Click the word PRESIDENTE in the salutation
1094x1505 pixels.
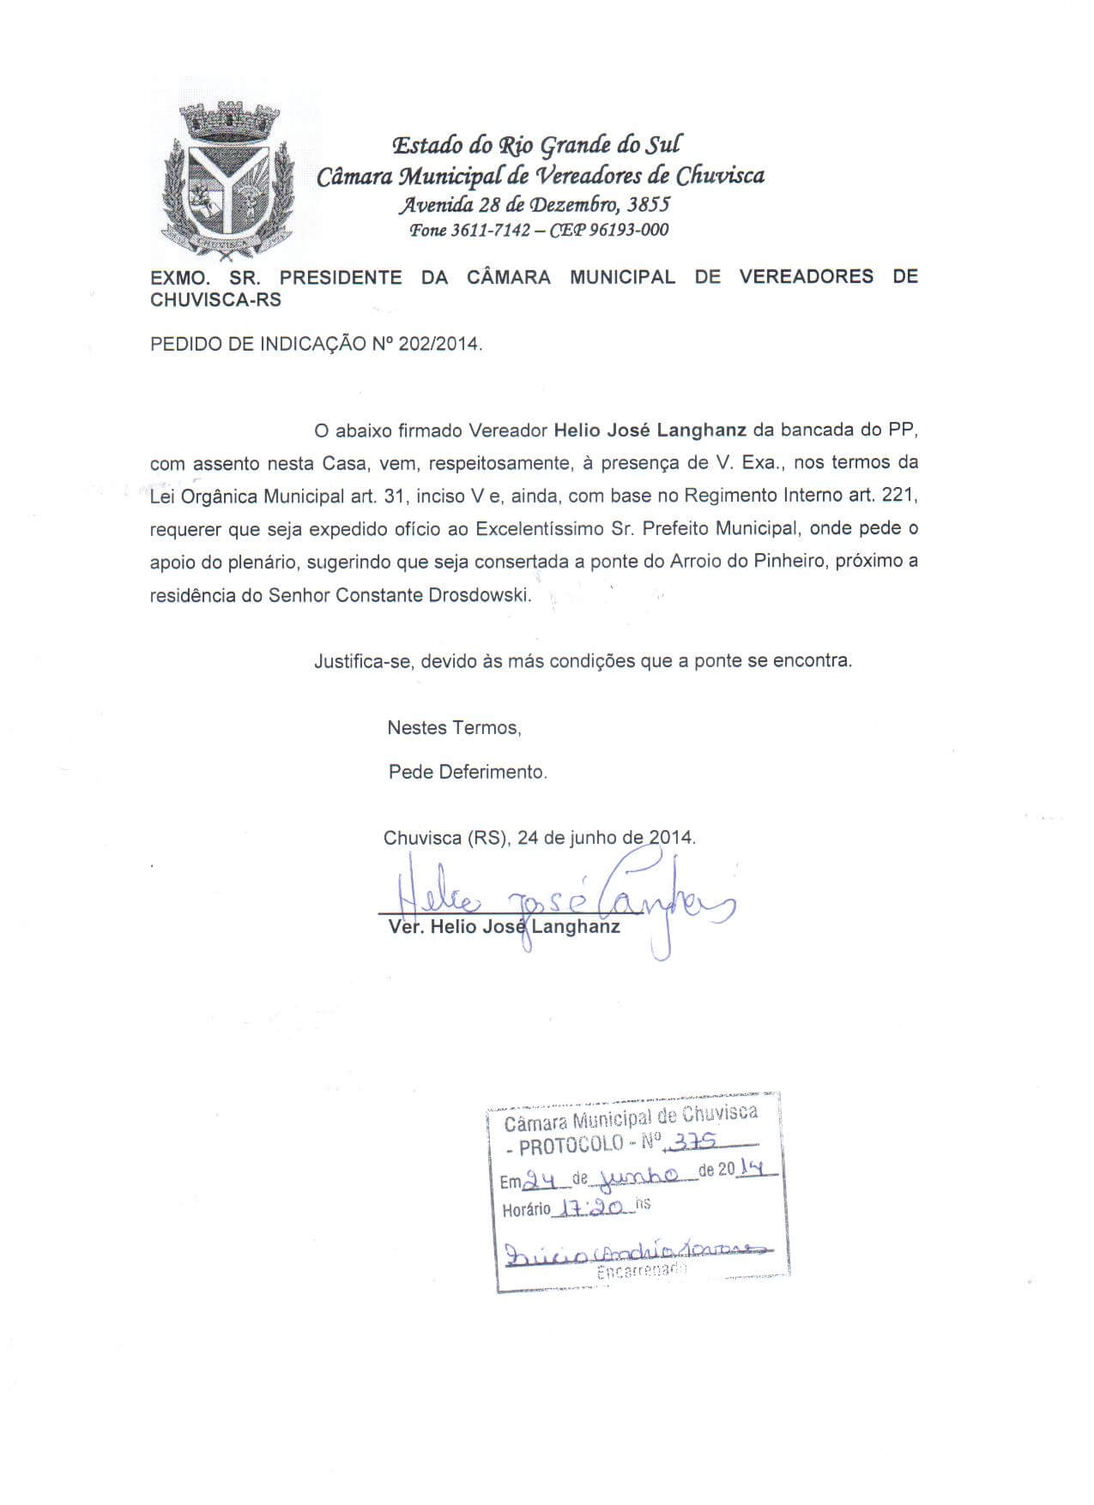click(341, 277)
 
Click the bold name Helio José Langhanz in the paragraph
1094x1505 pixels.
click(650, 430)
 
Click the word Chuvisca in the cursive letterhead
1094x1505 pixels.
click(720, 177)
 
